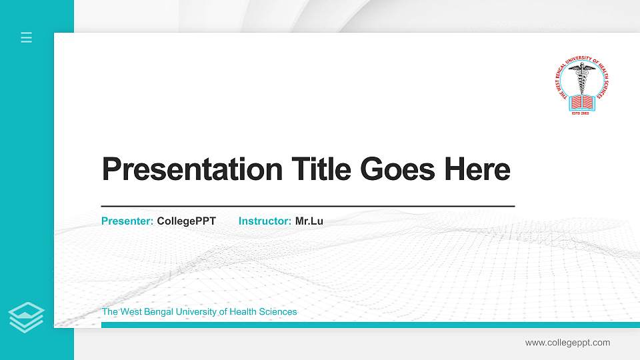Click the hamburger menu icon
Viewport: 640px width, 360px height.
pos(27,37)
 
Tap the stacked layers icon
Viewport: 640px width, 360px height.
pos(27,317)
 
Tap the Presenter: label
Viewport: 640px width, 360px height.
pos(127,221)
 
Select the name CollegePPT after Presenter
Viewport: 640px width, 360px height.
pos(186,221)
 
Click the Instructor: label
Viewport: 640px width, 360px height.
pos(265,221)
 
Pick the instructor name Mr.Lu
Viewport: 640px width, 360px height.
pos(309,221)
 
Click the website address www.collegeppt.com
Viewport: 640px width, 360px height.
pos(567,343)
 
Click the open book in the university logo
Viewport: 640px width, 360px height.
pos(581,101)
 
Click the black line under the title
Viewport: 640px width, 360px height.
pos(307,207)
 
